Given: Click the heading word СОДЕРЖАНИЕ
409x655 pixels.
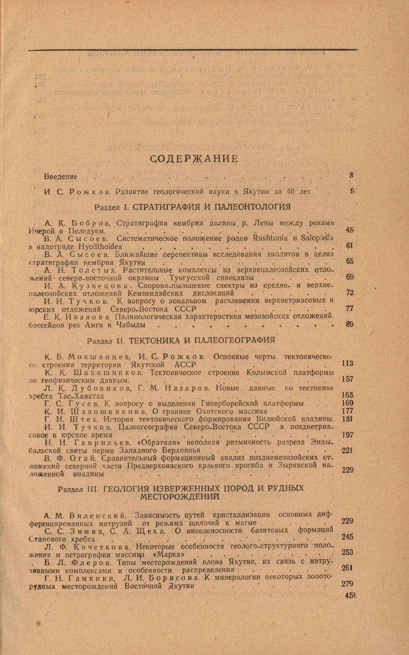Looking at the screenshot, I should point(194,159).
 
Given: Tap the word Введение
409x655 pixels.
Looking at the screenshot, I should point(61,177).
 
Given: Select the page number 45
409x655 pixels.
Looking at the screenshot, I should point(350,231).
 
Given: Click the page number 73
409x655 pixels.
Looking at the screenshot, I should point(350,293).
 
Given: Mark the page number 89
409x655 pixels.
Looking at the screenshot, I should point(350,324).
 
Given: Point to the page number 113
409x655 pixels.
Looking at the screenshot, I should point(347,364).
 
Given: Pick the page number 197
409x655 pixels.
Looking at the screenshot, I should point(347,435).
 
